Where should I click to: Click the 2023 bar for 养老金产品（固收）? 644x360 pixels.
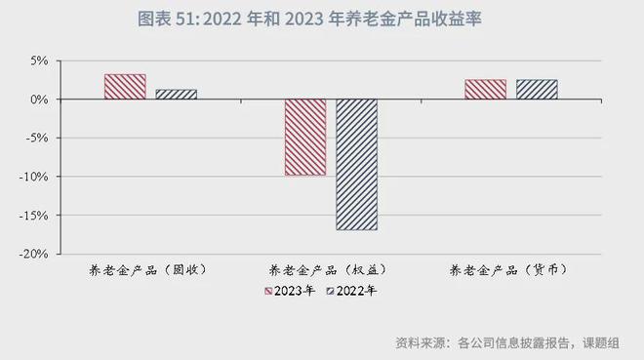(x=125, y=87)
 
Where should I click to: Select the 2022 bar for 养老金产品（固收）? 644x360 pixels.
(x=177, y=94)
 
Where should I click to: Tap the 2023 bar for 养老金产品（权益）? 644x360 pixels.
(x=305, y=137)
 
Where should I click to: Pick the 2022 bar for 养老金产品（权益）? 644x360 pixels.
(x=357, y=164)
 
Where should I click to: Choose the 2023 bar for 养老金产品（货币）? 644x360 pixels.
(x=485, y=89)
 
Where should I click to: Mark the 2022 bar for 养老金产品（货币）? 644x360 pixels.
(x=537, y=89)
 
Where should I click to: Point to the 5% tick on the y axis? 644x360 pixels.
(x=38, y=60)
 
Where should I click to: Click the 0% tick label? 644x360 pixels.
(x=38, y=100)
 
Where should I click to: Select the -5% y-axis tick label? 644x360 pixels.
(x=36, y=138)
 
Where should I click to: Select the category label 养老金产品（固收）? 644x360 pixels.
(x=150, y=269)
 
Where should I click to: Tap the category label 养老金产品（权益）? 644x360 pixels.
(x=330, y=269)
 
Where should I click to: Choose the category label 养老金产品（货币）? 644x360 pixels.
(x=510, y=269)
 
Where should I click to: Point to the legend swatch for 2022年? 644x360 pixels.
(x=331, y=291)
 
